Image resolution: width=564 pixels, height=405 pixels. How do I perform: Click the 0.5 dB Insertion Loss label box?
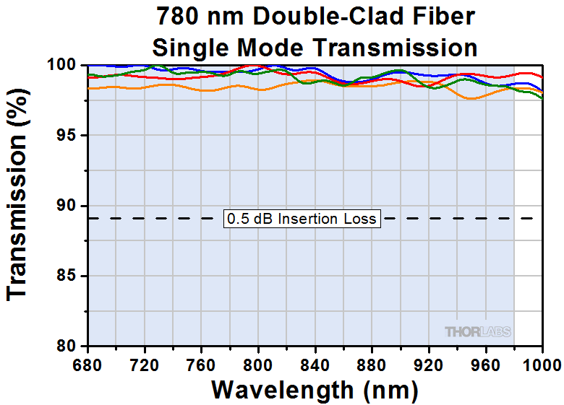pyautogui.click(x=302, y=218)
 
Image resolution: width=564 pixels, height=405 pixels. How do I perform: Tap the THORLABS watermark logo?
pyautogui.click(x=477, y=331)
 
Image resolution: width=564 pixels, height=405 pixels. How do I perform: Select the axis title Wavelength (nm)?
pyautogui.click(x=314, y=390)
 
